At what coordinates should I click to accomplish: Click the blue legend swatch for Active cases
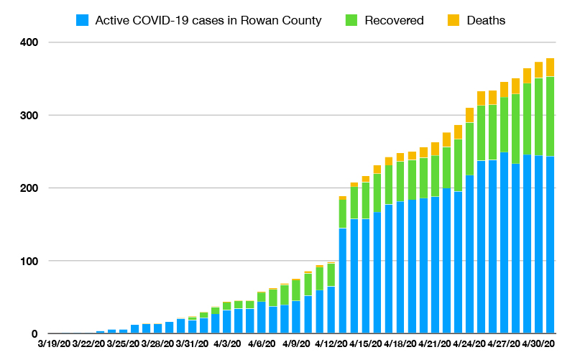pyautogui.click(x=83, y=20)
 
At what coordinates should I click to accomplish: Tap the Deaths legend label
pyautogui.click(x=487, y=20)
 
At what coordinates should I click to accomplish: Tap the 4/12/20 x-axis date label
pyautogui.click(x=331, y=344)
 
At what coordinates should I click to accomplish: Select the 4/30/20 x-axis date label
pyautogui.click(x=539, y=344)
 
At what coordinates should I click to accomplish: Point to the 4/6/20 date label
pyautogui.click(x=262, y=344)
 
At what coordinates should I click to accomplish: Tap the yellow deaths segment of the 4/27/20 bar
pyautogui.click(x=515, y=86)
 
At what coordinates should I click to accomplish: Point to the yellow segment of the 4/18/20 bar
pyautogui.click(x=400, y=157)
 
